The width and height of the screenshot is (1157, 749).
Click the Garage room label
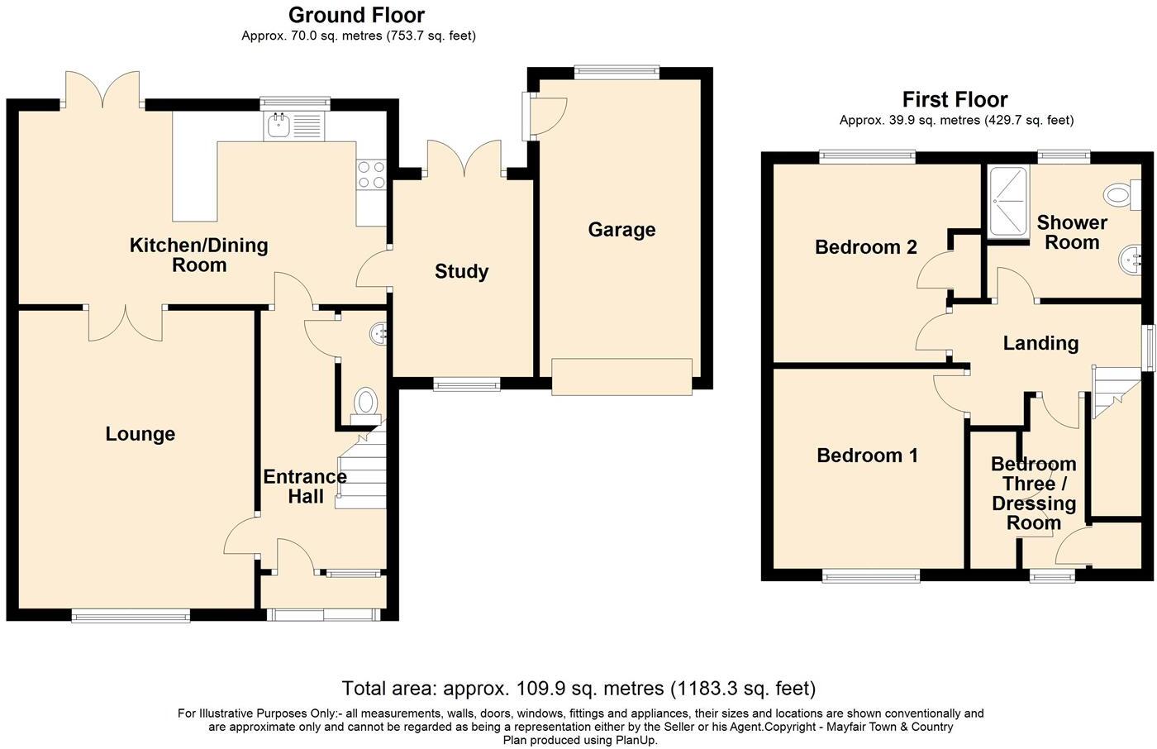(621, 229)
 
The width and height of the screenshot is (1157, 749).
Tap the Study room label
(461, 271)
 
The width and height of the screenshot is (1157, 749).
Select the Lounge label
(140, 434)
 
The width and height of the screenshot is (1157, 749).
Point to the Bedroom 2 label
(866, 247)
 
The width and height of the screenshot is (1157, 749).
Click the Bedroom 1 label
(867, 455)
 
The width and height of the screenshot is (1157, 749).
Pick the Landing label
(1040, 343)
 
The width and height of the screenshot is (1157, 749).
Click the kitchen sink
(294, 126)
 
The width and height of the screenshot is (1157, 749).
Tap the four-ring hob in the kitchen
(371, 174)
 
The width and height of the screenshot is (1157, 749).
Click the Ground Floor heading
(356, 15)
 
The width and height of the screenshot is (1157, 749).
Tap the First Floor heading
(955, 99)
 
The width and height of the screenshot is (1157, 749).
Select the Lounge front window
(131, 615)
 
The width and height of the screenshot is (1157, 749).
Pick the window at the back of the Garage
(617, 72)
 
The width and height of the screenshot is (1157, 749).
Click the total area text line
(578, 689)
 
